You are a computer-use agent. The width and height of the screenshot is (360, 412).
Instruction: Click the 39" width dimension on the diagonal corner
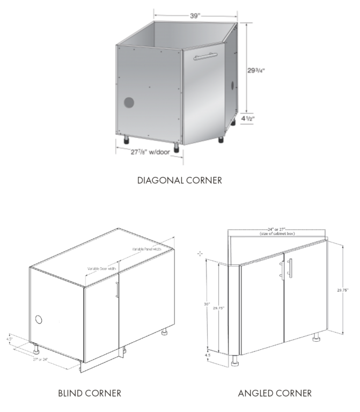[x=194, y=16]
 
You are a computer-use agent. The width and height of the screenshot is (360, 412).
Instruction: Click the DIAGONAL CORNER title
[x=180, y=180]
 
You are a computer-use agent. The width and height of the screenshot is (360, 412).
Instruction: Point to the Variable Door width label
[x=102, y=268]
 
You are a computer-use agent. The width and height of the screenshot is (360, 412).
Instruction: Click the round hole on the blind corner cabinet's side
[x=39, y=319]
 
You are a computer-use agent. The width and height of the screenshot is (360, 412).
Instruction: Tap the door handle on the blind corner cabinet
[x=116, y=290]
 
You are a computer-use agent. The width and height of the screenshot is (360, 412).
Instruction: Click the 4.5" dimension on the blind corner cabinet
[x=10, y=339]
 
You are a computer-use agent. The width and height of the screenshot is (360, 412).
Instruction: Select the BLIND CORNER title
[x=90, y=394]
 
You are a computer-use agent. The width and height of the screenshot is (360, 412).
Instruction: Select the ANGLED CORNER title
[x=275, y=394]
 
